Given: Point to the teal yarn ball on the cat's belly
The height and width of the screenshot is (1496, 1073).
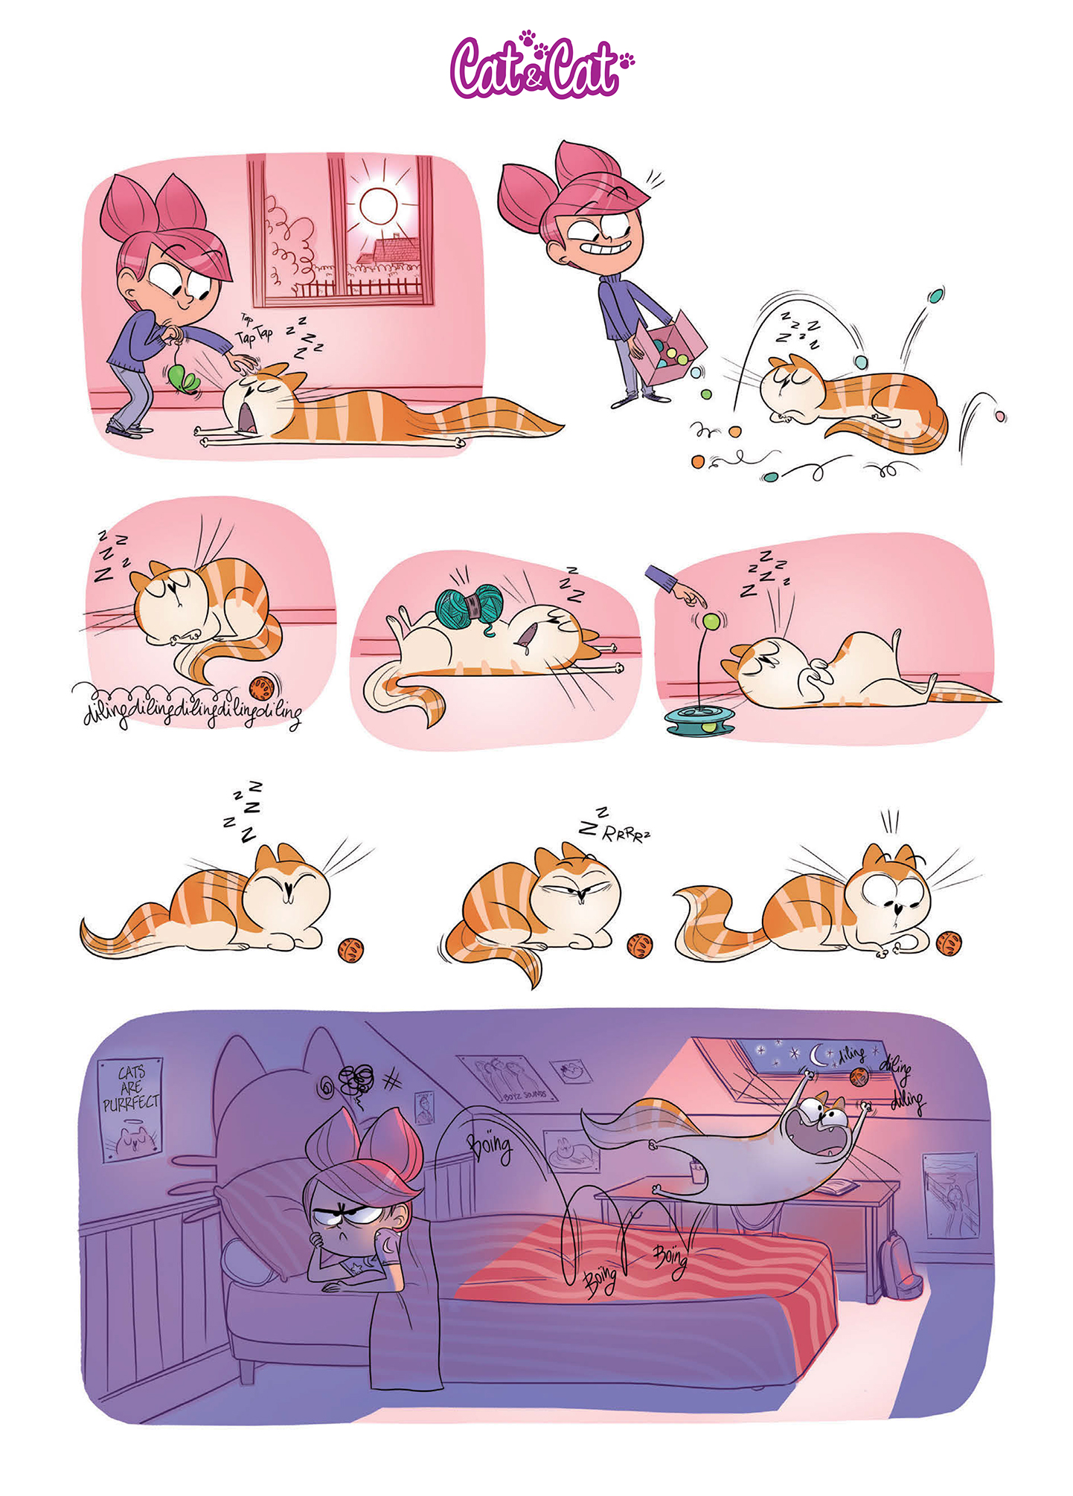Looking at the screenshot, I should [x=469, y=603].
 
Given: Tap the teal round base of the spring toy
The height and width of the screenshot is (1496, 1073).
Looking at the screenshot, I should [x=699, y=719].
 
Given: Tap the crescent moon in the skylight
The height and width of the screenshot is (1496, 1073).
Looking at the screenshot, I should [x=819, y=1054].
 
